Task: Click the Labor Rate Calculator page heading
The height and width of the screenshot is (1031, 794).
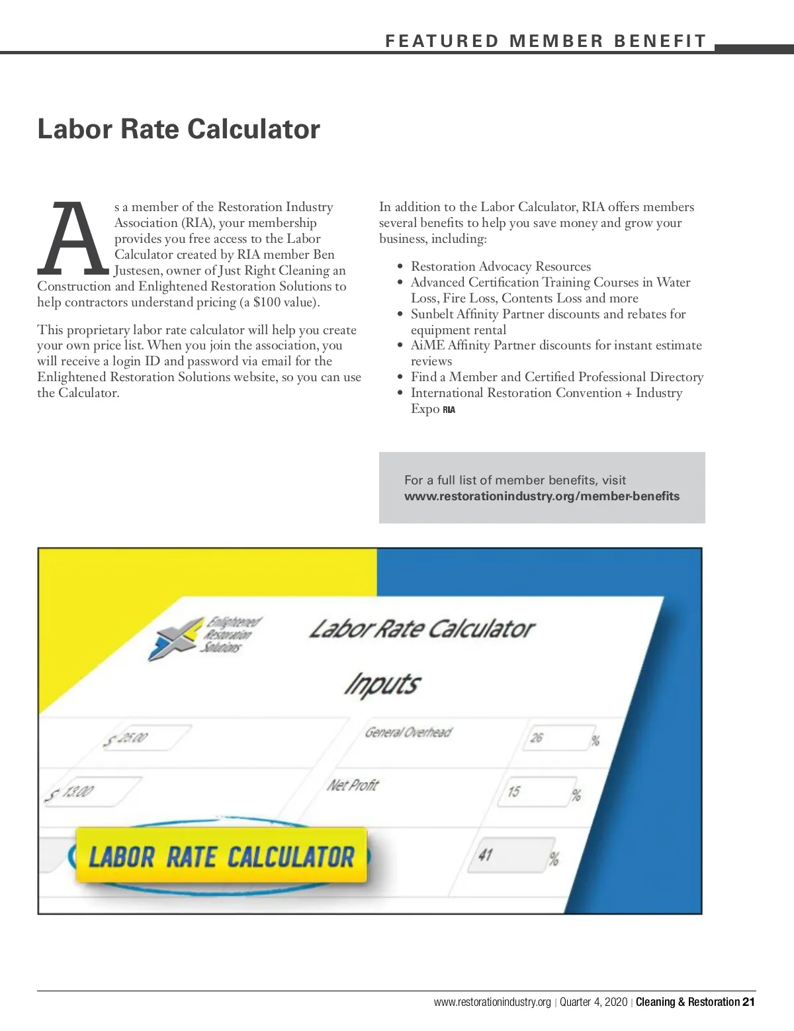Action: (x=179, y=129)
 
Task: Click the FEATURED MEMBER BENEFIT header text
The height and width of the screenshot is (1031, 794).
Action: (x=546, y=41)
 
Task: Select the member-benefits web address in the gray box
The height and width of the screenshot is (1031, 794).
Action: (x=542, y=496)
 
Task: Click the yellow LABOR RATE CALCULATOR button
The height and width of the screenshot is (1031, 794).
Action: (x=221, y=856)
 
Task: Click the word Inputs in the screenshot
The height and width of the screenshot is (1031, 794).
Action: (x=382, y=684)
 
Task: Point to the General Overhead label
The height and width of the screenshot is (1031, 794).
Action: (x=408, y=733)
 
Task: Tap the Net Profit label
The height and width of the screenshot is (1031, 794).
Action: (x=353, y=785)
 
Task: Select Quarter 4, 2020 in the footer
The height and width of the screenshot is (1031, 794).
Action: (x=594, y=1002)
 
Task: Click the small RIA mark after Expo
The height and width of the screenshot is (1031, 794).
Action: (x=449, y=410)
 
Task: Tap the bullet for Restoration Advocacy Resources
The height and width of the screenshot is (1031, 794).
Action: (x=400, y=267)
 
